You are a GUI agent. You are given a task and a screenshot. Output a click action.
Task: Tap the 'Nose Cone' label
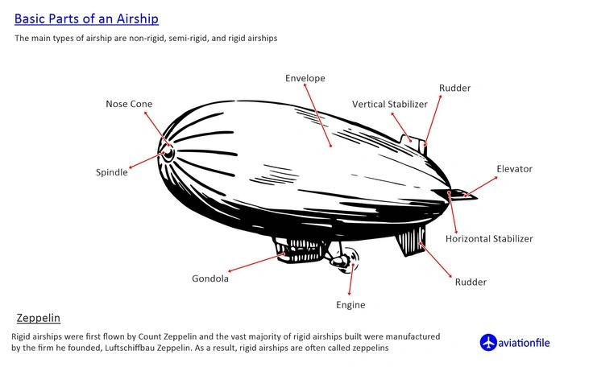tap(129, 104)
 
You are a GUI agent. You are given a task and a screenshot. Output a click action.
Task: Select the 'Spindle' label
tap(112, 172)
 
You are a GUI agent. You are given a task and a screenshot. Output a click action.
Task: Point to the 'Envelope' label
tap(305, 78)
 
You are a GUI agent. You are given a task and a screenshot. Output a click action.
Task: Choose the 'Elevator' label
tap(514, 169)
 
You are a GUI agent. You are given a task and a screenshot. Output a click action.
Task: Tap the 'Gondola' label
tap(210, 278)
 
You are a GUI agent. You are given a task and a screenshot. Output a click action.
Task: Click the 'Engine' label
tap(350, 305)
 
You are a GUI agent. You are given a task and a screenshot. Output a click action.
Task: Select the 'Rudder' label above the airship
tap(454, 88)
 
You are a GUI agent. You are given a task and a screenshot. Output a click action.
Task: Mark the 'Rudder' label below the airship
tap(471, 282)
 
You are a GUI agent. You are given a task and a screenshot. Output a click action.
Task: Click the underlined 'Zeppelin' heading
tap(38, 318)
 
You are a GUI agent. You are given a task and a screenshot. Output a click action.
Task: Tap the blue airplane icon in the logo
tap(488, 343)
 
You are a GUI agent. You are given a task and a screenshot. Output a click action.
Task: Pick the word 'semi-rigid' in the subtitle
tap(181, 38)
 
